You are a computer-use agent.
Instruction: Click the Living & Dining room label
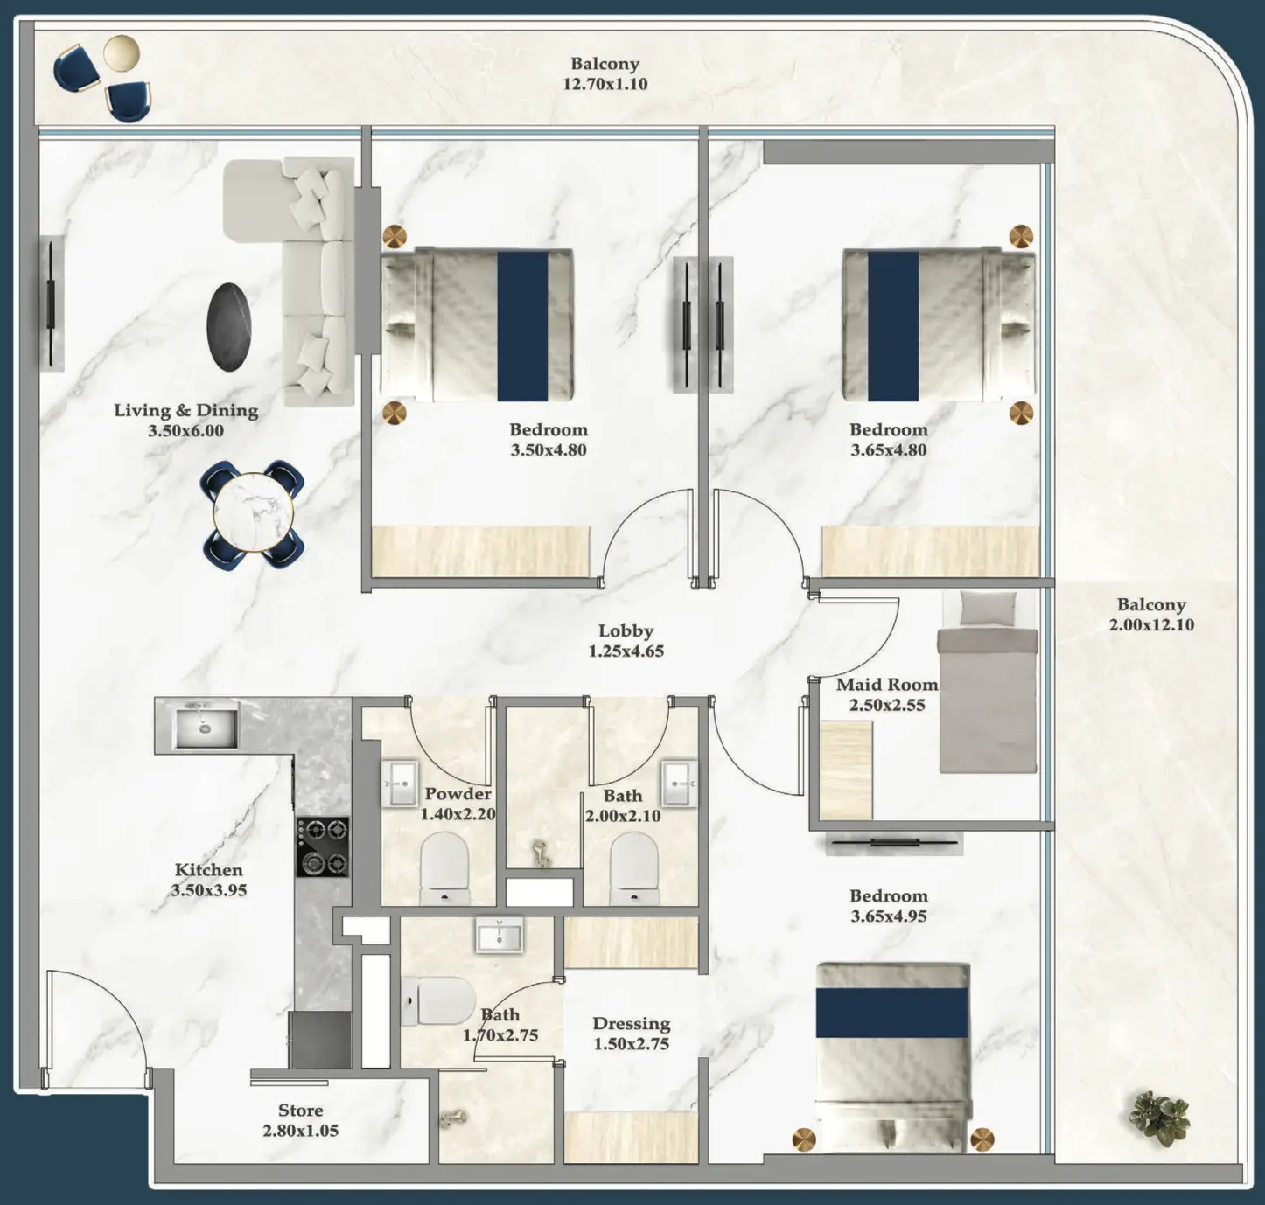point(185,410)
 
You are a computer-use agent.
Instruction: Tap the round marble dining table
point(253,512)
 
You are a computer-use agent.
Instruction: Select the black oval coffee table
point(230,327)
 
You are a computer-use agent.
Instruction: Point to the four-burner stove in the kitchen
point(322,846)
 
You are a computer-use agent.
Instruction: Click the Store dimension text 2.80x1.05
point(300,1131)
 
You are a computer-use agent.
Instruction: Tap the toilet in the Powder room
point(444,866)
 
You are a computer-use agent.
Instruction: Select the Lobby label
point(626,630)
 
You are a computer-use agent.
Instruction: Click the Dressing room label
point(631,1023)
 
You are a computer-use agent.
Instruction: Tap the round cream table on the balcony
point(121,52)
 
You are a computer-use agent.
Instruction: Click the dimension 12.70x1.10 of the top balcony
point(605,85)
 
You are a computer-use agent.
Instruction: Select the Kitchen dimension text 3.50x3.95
point(208,891)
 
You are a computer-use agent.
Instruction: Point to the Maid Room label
point(886,685)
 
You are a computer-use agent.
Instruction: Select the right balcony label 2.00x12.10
point(1151,625)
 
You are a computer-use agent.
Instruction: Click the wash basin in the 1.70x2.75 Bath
point(500,934)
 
